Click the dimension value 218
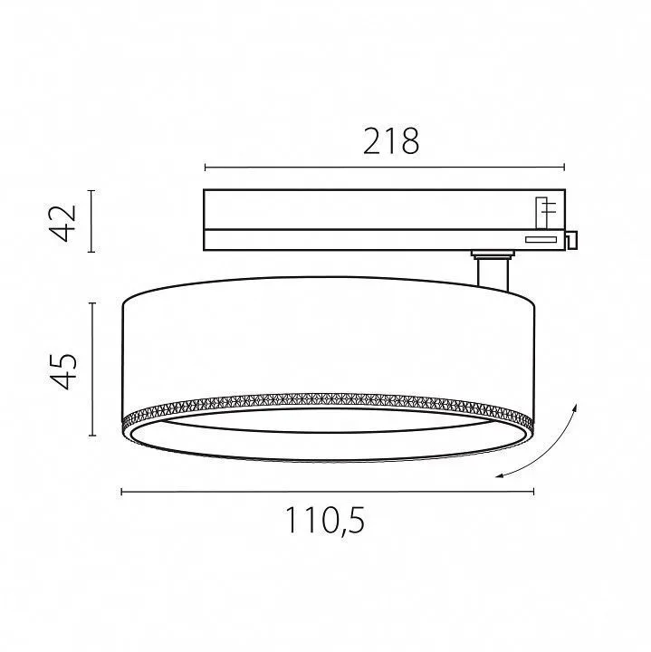[391, 141]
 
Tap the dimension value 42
[63, 223]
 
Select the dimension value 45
[63, 371]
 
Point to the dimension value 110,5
[325, 521]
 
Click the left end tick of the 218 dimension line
[205, 168]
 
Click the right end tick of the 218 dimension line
[564, 168]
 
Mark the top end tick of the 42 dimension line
[91, 191]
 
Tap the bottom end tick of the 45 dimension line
[91, 436]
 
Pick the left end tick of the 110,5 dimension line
[121, 492]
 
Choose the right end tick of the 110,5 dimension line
[533, 492]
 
